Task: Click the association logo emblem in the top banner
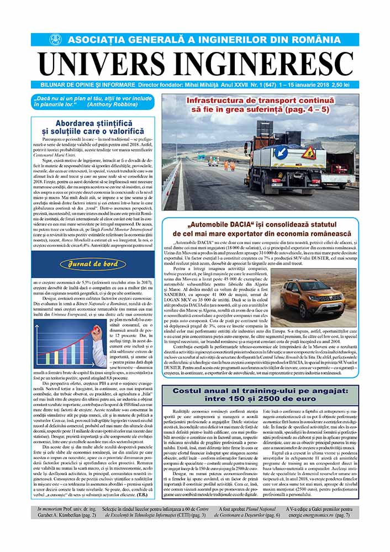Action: click(x=56, y=40)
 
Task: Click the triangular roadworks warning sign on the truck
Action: click(x=308, y=152)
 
